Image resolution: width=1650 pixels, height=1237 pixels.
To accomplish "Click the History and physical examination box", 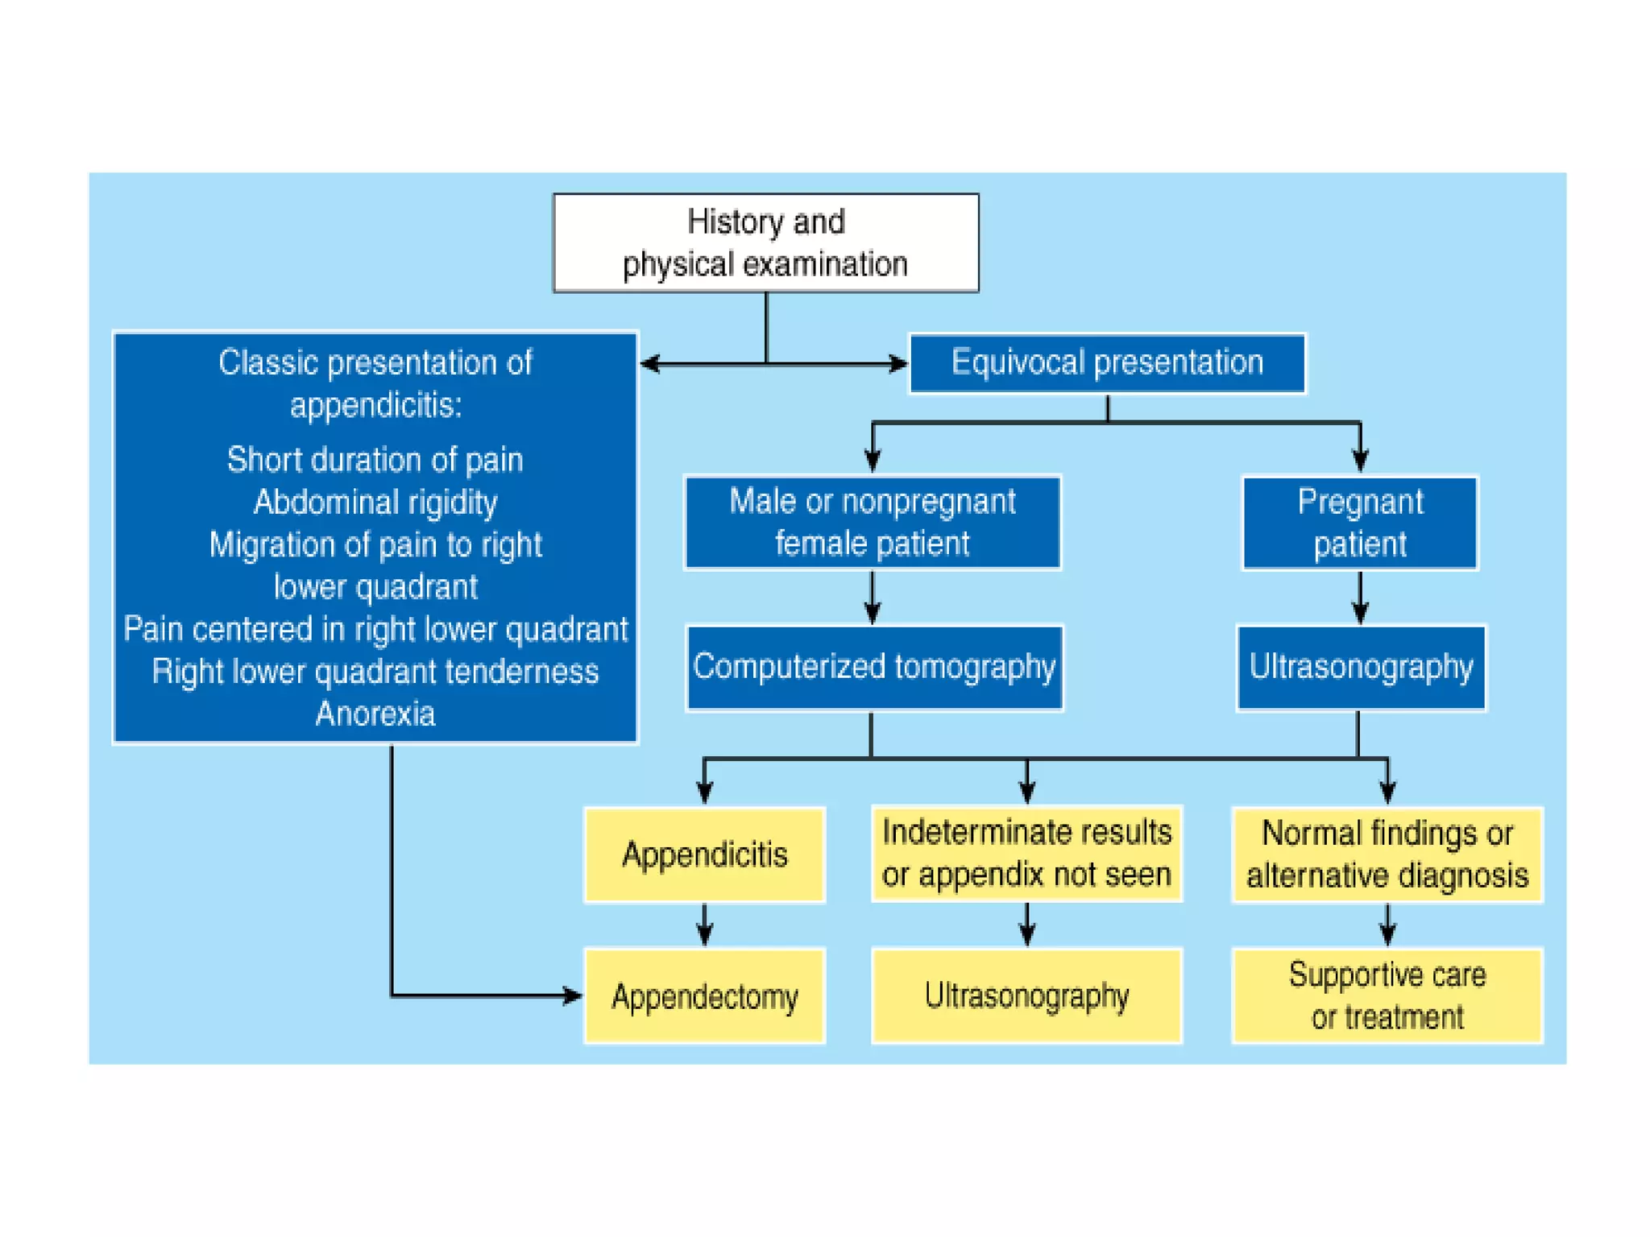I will pyautogui.click(x=765, y=242).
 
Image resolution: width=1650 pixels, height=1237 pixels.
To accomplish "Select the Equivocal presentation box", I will pyautogui.click(x=1107, y=363).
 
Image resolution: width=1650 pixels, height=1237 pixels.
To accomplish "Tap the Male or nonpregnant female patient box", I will pyautogui.click(x=873, y=523).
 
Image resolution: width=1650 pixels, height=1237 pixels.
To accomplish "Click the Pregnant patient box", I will pyautogui.click(x=1360, y=523).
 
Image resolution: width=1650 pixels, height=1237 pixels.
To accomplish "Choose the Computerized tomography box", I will pyautogui.click(x=874, y=668).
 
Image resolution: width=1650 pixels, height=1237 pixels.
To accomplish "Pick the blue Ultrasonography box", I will pyautogui.click(x=1361, y=668).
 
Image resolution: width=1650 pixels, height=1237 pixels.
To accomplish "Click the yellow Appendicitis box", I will pyautogui.click(x=704, y=854).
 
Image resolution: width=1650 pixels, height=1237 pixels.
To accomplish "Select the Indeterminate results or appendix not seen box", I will pyautogui.click(x=1026, y=854).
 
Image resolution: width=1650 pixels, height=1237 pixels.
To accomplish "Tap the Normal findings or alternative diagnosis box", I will pyautogui.click(x=1387, y=854).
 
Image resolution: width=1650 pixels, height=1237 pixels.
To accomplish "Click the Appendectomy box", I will pyautogui.click(x=704, y=996).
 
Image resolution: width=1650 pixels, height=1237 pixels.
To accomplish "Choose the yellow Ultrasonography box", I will pyautogui.click(x=1026, y=996).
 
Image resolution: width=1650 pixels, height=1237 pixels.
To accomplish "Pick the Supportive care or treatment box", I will pyautogui.click(x=1387, y=996).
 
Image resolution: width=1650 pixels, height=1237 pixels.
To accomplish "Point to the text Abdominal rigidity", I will pyautogui.click(x=375, y=503).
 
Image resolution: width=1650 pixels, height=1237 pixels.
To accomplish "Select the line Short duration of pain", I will pyautogui.click(x=375, y=460).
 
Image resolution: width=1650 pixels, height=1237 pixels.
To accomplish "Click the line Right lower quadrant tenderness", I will pyautogui.click(x=375, y=672).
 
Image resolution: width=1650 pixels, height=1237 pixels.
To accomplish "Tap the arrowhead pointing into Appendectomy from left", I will pyautogui.click(x=571, y=996).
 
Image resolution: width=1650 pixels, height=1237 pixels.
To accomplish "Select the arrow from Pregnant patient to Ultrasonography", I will pyautogui.click(x=1360, y=598).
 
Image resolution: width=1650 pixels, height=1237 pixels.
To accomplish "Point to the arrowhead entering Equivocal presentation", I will pyautogui.click(x=898, y=364).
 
